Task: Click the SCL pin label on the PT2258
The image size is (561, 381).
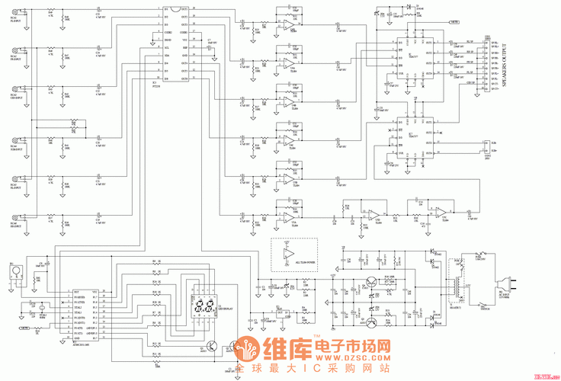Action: [x=167, y=46]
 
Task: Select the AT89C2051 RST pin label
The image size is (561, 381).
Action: [x=76, y=292]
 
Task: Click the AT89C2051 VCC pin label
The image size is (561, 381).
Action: [x=95, y=292]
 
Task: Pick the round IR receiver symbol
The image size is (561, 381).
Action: [x=13, y=271]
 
